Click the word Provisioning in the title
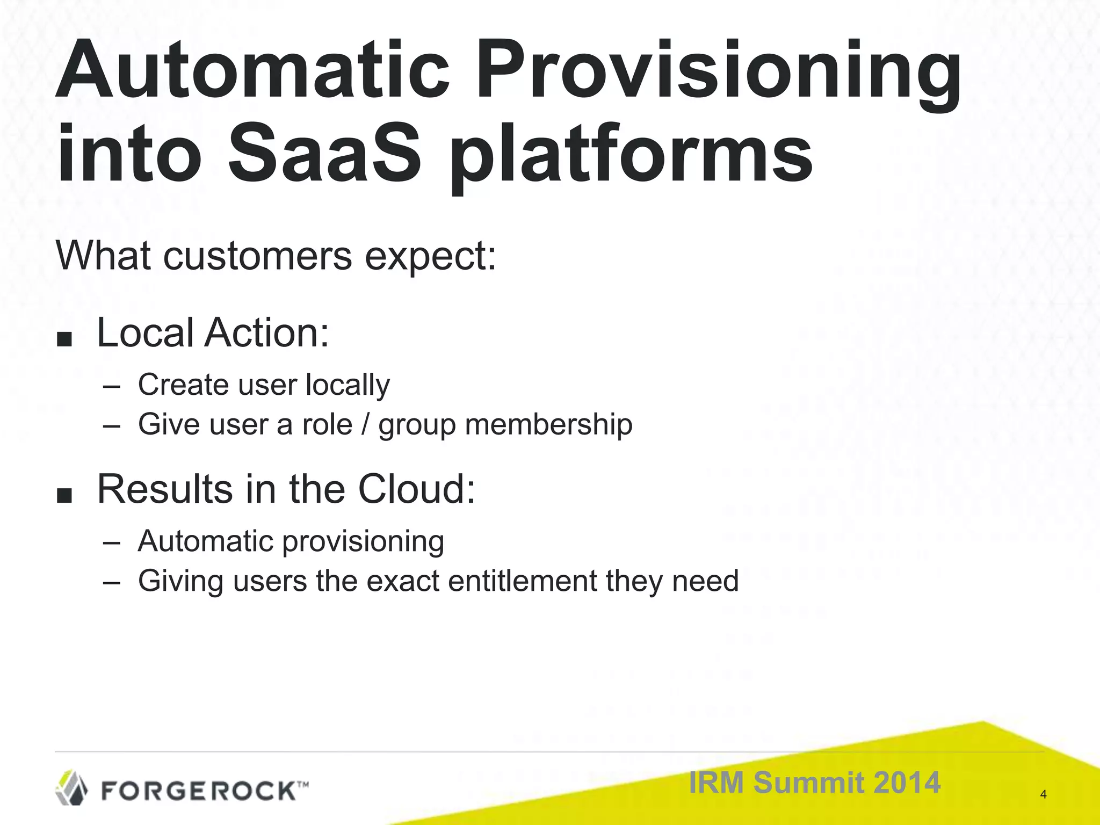718,73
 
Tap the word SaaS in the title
324,153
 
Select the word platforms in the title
631,156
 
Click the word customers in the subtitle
258,256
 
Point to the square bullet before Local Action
64,339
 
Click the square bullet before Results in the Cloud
64,496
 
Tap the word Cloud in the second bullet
417,489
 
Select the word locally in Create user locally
348,385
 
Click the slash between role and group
365,424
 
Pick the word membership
548,424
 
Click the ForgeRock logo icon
72,787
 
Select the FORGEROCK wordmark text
198,791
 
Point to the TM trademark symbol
302,785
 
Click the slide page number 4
1043,794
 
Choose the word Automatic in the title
252,73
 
